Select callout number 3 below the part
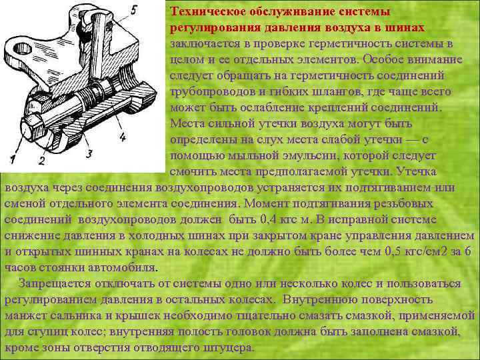coord(89,154)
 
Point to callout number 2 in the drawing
coord(41,161)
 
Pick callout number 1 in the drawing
coord(13,159)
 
